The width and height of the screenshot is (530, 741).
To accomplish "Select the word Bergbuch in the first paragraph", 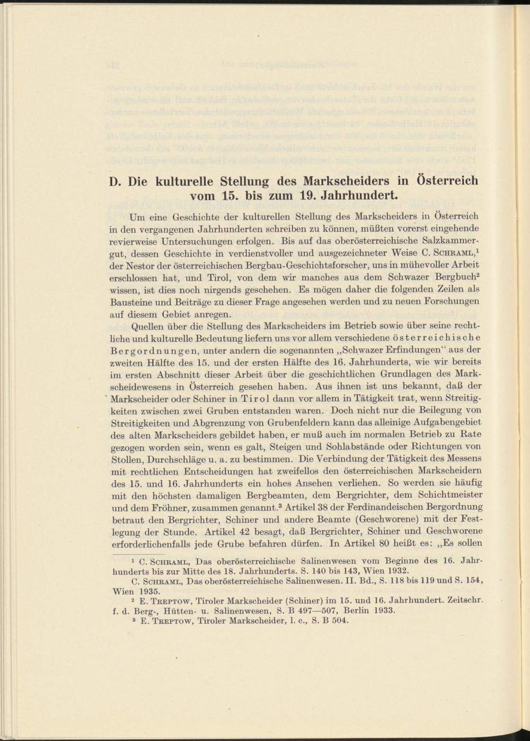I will (452, 278).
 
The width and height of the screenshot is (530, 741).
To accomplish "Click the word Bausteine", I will (129, 302).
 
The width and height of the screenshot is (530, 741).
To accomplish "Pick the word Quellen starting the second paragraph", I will (147, 325).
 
